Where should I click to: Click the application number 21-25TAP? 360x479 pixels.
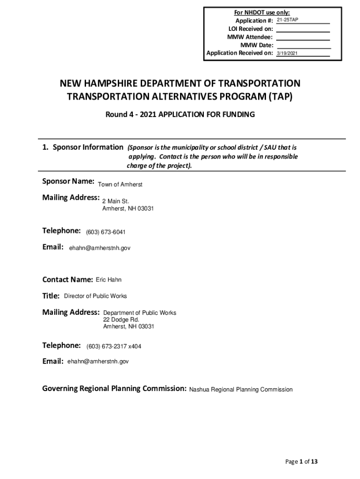point(287,21)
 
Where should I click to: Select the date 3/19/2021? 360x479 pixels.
point(287,54)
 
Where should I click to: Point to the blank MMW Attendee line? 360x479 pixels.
point(303,37)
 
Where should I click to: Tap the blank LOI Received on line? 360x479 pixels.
point(303,29)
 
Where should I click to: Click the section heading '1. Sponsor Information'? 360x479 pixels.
point(83,147)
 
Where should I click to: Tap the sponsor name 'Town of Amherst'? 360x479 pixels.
point(120,185)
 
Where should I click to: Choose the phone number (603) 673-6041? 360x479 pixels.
point(106,232)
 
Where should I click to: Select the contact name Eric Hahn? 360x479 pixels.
point(108,280)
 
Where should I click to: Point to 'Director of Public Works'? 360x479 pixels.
point(95,296)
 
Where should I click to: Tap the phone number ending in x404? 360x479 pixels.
point(114,347)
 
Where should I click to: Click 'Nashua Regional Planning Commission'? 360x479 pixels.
point(241,390)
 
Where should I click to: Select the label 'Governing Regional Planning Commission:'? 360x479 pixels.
point(115,389)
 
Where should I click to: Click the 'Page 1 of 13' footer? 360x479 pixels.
point(302,462)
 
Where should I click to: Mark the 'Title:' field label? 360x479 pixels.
point(51,296)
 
